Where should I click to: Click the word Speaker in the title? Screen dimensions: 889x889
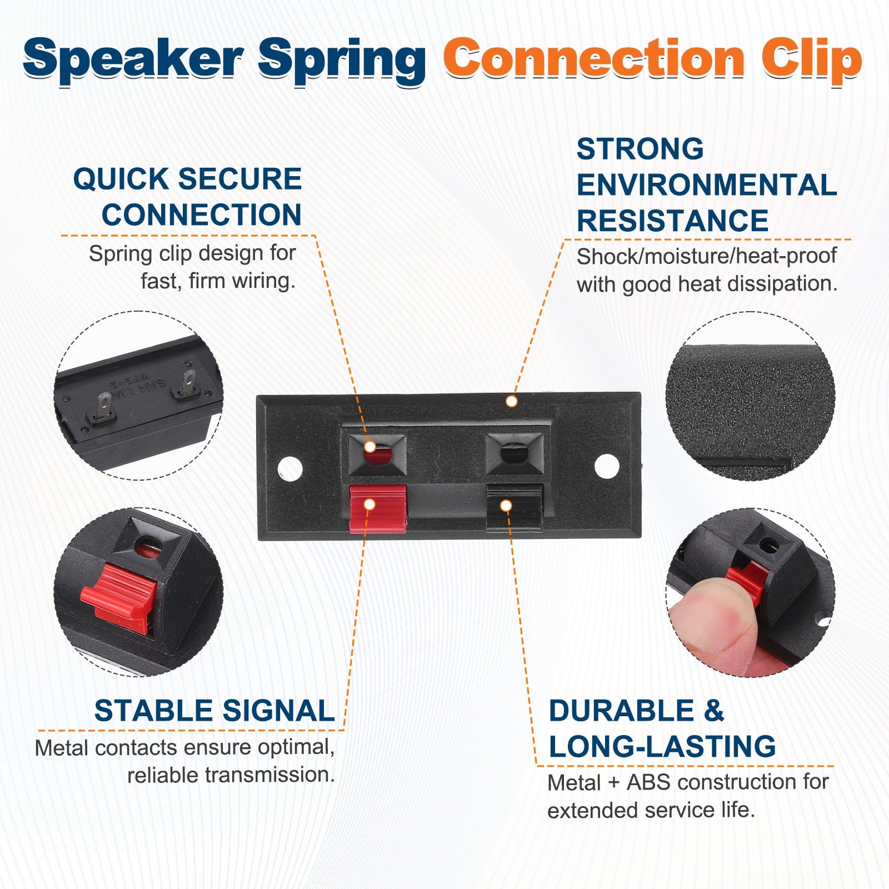point(133,60)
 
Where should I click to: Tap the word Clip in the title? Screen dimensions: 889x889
point(812,60)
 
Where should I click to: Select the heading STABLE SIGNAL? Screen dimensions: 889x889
point(214,711)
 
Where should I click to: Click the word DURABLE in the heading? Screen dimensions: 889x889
point(621,711)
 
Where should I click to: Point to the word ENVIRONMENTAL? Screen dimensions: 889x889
point(707,185)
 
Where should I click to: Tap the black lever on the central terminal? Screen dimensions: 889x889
point(514,508)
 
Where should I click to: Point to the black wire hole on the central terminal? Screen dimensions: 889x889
point(514,453)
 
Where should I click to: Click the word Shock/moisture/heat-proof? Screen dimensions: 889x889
point(707,256)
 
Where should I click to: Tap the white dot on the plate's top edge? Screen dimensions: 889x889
point(512,401)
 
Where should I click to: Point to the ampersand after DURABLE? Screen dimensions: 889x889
point(714,711)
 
